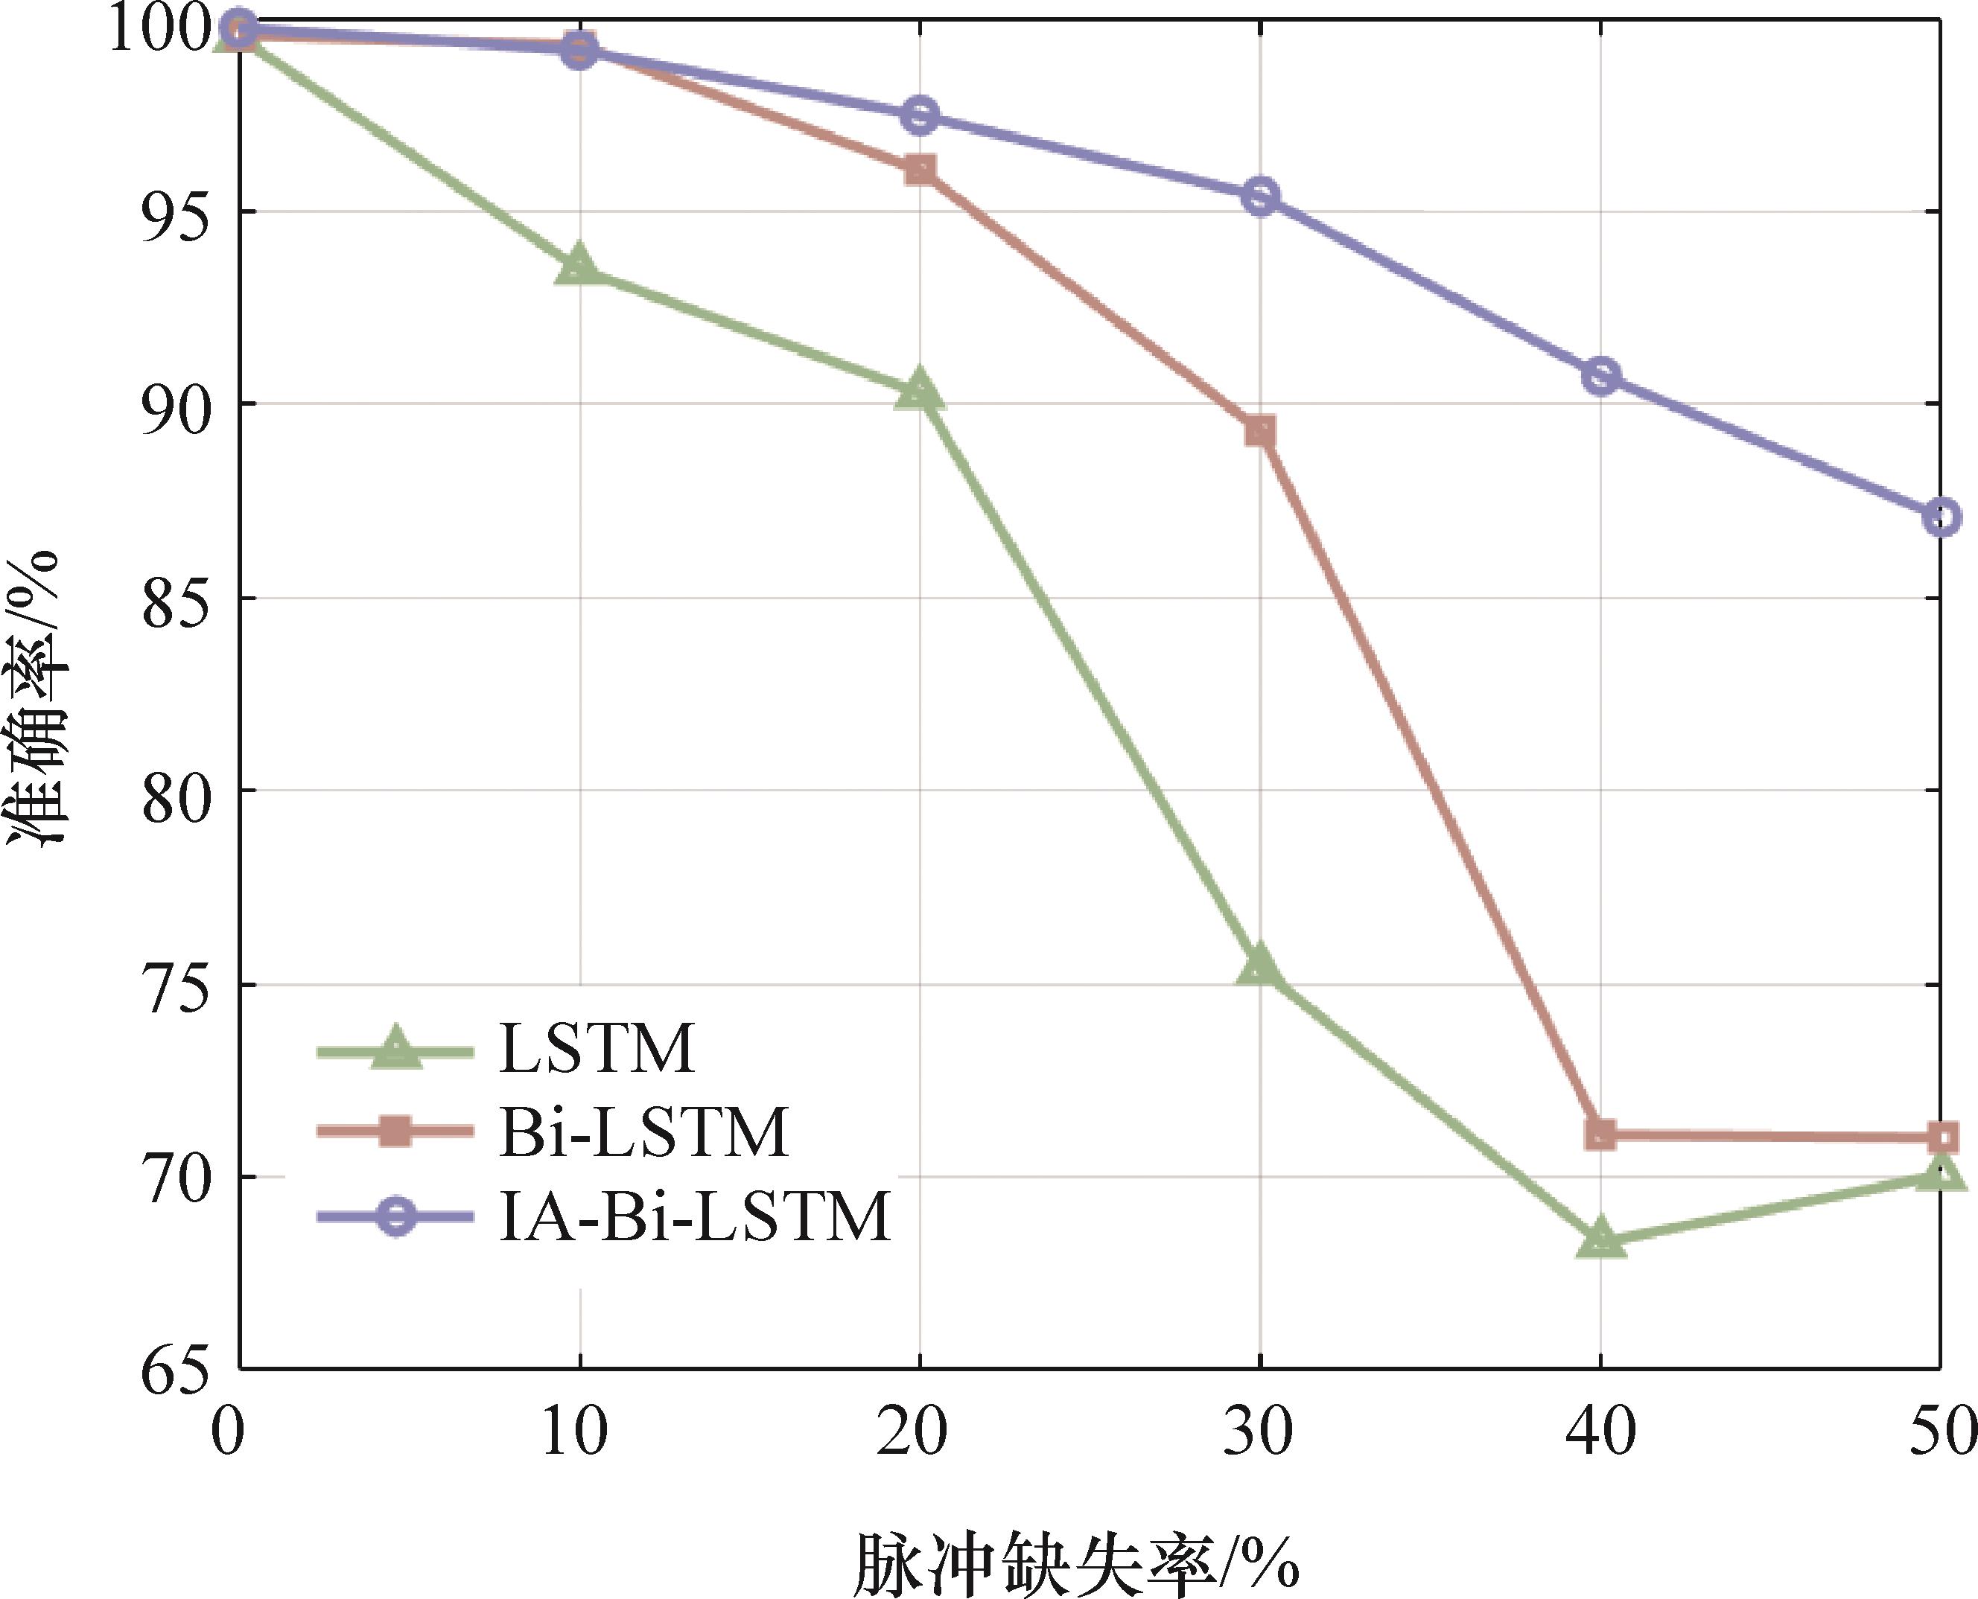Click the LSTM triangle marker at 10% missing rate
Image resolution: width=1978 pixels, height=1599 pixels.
579,266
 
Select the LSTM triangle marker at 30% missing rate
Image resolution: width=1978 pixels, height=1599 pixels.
1259,966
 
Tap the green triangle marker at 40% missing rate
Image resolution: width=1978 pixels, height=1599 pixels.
1600,1237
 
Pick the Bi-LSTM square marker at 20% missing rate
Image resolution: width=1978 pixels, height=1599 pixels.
920,170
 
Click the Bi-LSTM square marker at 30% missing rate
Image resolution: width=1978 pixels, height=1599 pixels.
1259,431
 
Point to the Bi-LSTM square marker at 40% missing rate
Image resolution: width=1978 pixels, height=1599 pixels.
1600,1134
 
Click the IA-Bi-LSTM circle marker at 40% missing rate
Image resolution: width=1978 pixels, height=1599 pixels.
1600,376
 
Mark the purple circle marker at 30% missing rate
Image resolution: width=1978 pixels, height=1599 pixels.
1259,197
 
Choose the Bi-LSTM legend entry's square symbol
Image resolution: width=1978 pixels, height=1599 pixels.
396,1130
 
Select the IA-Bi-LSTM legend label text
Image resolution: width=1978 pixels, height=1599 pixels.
695,1216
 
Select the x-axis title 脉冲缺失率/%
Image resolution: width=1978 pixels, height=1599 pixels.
1076,1563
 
